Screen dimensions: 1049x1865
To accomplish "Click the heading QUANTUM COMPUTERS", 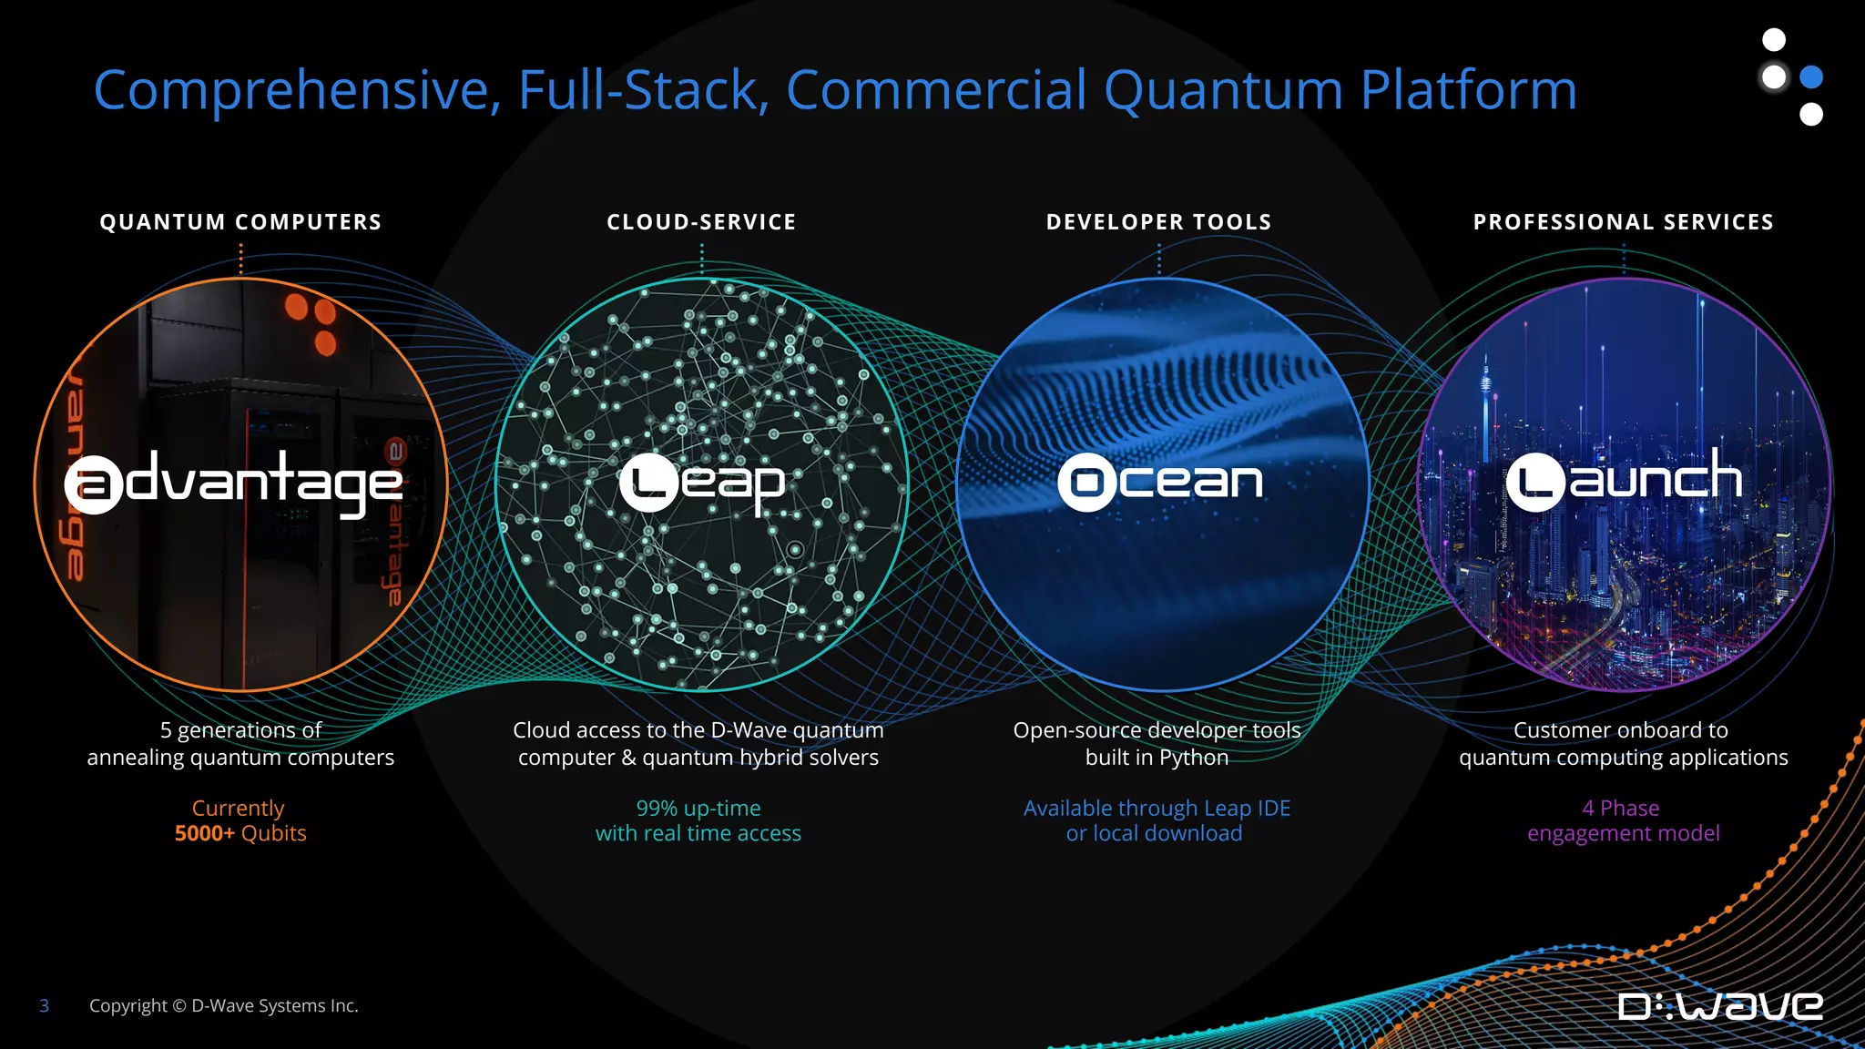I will click(x=240, y=222).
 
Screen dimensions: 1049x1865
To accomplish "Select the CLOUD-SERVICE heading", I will click(x=701, y=222).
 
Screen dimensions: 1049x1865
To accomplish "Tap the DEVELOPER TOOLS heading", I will click(x=1158, y=222).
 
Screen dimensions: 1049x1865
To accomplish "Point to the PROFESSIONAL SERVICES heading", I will click(x=1624, y=222).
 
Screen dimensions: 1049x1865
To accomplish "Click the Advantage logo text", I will click(x=235, y=483).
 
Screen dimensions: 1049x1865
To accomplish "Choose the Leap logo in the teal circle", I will click(x=702, y=483).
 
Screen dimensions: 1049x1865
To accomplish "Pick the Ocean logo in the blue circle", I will click(x=1160, y=481).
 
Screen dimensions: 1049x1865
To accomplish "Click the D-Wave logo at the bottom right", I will click(x=1720, y=1006).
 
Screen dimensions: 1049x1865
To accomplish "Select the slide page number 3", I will click(x=44, y=1005).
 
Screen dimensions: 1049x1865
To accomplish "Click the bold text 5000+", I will click(x=205, y=833).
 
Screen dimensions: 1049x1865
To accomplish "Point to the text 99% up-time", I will click(x=698, y=808).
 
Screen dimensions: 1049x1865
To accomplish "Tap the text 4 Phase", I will click(x=1621, y=808).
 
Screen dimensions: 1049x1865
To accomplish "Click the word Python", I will click(x=1193, y=758).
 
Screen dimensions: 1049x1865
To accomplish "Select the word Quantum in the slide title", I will click(x=1223, y=91).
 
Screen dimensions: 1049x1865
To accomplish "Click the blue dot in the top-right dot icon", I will click(x=1811, y=77).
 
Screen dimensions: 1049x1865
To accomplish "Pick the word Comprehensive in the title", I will click(x=297, y=91).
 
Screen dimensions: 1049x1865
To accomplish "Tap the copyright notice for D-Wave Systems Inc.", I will click(x=224, y=1005).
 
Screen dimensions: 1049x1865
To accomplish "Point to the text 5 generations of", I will click(x=240, y=730).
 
